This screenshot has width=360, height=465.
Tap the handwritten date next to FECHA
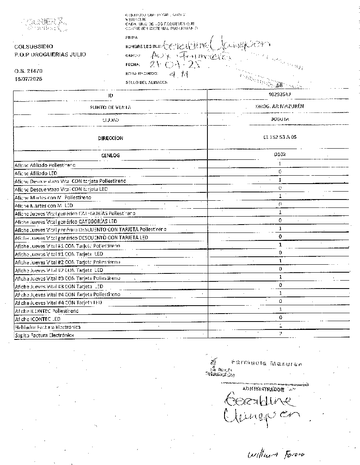point(175,64)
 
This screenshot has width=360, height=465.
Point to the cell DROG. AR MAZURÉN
point(280,107)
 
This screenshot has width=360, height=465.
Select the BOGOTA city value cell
point(280,119)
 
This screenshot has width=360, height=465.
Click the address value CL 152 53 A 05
point(280,138)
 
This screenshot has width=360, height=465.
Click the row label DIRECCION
point(110,138)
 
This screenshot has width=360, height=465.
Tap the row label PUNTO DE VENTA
point(110,107)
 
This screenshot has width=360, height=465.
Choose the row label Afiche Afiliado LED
point(36,173)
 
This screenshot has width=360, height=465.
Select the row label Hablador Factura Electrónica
point(47,327)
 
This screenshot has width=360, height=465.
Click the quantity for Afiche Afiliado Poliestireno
point(280,164)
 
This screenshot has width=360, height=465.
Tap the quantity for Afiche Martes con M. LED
point(280,204)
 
